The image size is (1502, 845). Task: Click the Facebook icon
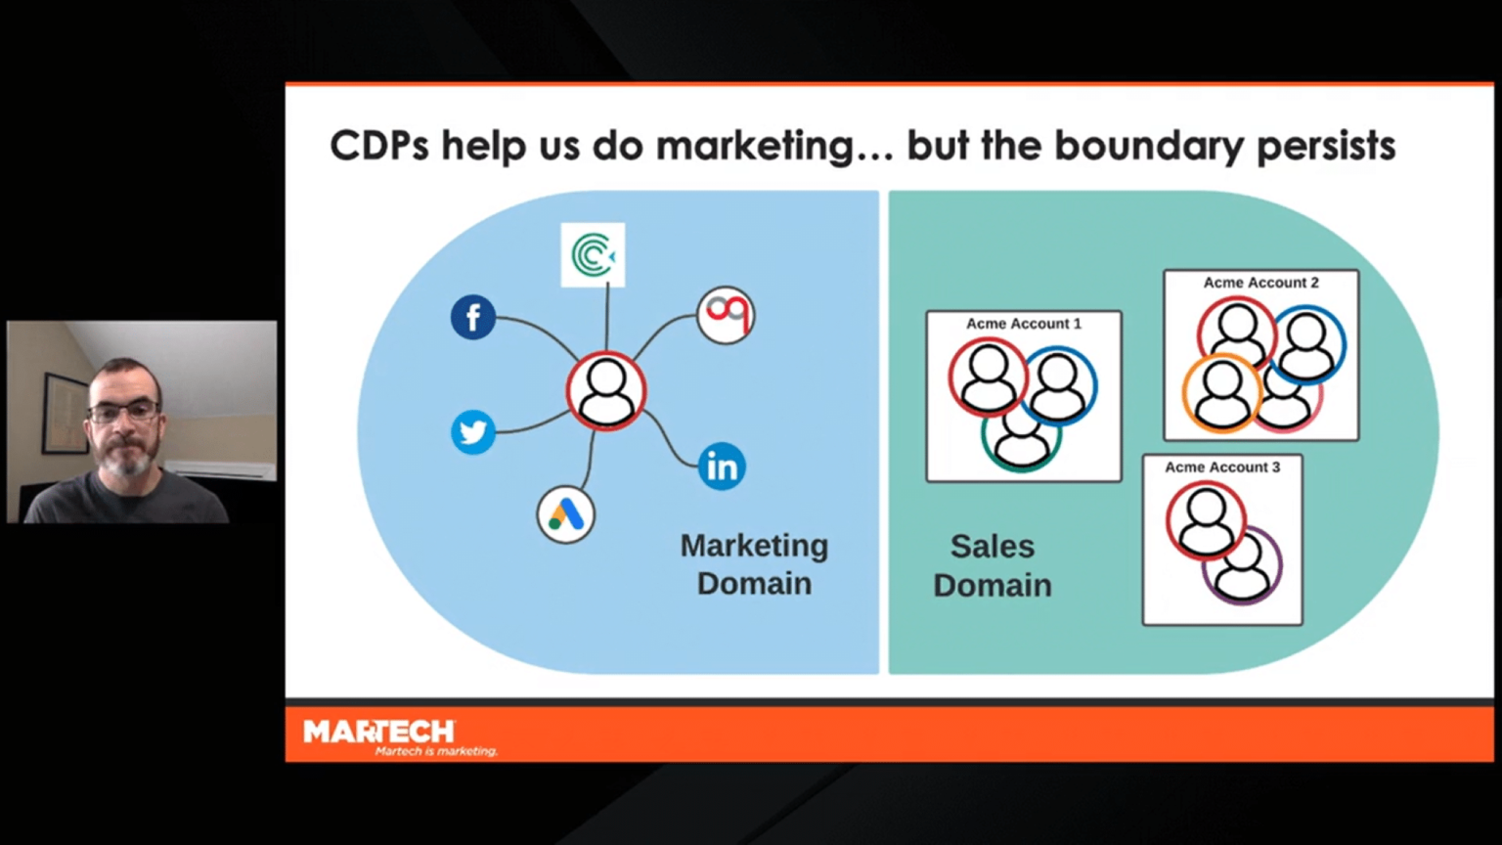pos(473,318)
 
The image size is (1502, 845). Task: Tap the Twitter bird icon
pos(473,432)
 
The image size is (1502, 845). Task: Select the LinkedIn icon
pos(723,467)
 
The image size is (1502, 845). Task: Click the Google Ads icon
pos(566,514)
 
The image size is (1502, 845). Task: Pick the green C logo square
pos(593,255)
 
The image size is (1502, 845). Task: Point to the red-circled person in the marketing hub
pos(606,390)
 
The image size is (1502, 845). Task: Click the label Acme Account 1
pos(1024,324)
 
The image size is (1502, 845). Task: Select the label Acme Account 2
pos(1260,283)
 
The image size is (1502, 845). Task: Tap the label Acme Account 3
pos(1222,467)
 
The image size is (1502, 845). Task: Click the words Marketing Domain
pos(754,564)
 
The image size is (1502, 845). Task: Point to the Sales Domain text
pos(993,565)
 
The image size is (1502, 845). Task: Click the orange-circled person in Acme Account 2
pos(1221,392)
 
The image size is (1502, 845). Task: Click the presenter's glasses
pos(124,412)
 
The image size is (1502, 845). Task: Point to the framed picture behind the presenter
pos(65,412)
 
